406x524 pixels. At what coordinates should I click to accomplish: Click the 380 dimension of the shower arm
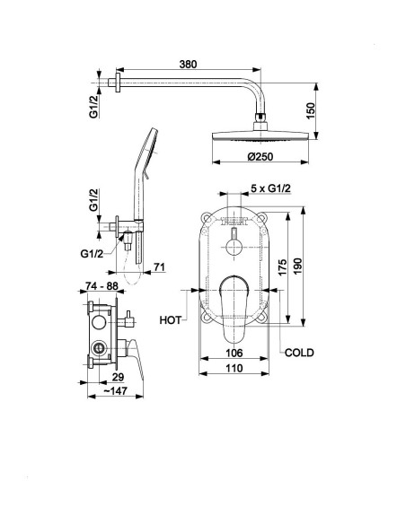pyautogui.click(x=188, y=64)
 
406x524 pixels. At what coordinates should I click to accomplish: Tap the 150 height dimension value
pyautogui.click(x=311, y=110)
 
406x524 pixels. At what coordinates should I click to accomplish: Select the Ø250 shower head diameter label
pyautogui.click(x=260, y=156)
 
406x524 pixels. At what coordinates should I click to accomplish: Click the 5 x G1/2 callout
pyautogui.click(x=270, y=188)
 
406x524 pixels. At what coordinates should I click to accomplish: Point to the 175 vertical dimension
pyautogui.click(x=283, y=267)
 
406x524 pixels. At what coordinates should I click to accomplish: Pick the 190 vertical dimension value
pyautogui.click(x=297, y=266)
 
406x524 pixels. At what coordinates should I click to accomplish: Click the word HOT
pyautogui.click(x=171, y=319)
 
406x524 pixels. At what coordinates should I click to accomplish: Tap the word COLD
pyautogui.click(x=299, y=353)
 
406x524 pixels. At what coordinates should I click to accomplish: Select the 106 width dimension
pyautogui.click(x=234, y=353)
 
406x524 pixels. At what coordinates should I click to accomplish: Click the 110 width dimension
pyautogui.click(x=234, y=368)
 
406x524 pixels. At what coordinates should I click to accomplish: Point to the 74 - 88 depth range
pyautogui.click(x=101, y=285)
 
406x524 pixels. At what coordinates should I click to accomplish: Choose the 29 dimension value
pyautogui.click(x=118, y=377)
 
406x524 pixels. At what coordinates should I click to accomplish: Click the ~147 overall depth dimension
pyautogui.click(x=115, y=390)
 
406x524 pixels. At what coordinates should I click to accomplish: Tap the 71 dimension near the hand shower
pyautogui.click(x=159, y=266)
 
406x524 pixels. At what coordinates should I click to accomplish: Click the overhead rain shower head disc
pyautogui.click(x=260, y=136)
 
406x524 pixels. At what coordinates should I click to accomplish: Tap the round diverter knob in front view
pyautogui.click(x=234, y=247)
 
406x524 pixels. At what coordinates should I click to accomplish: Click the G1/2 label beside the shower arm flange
pyautogui.click(x=94, y=106)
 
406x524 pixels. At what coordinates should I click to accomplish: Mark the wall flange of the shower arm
pyautogui.click(x=118, y=82)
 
